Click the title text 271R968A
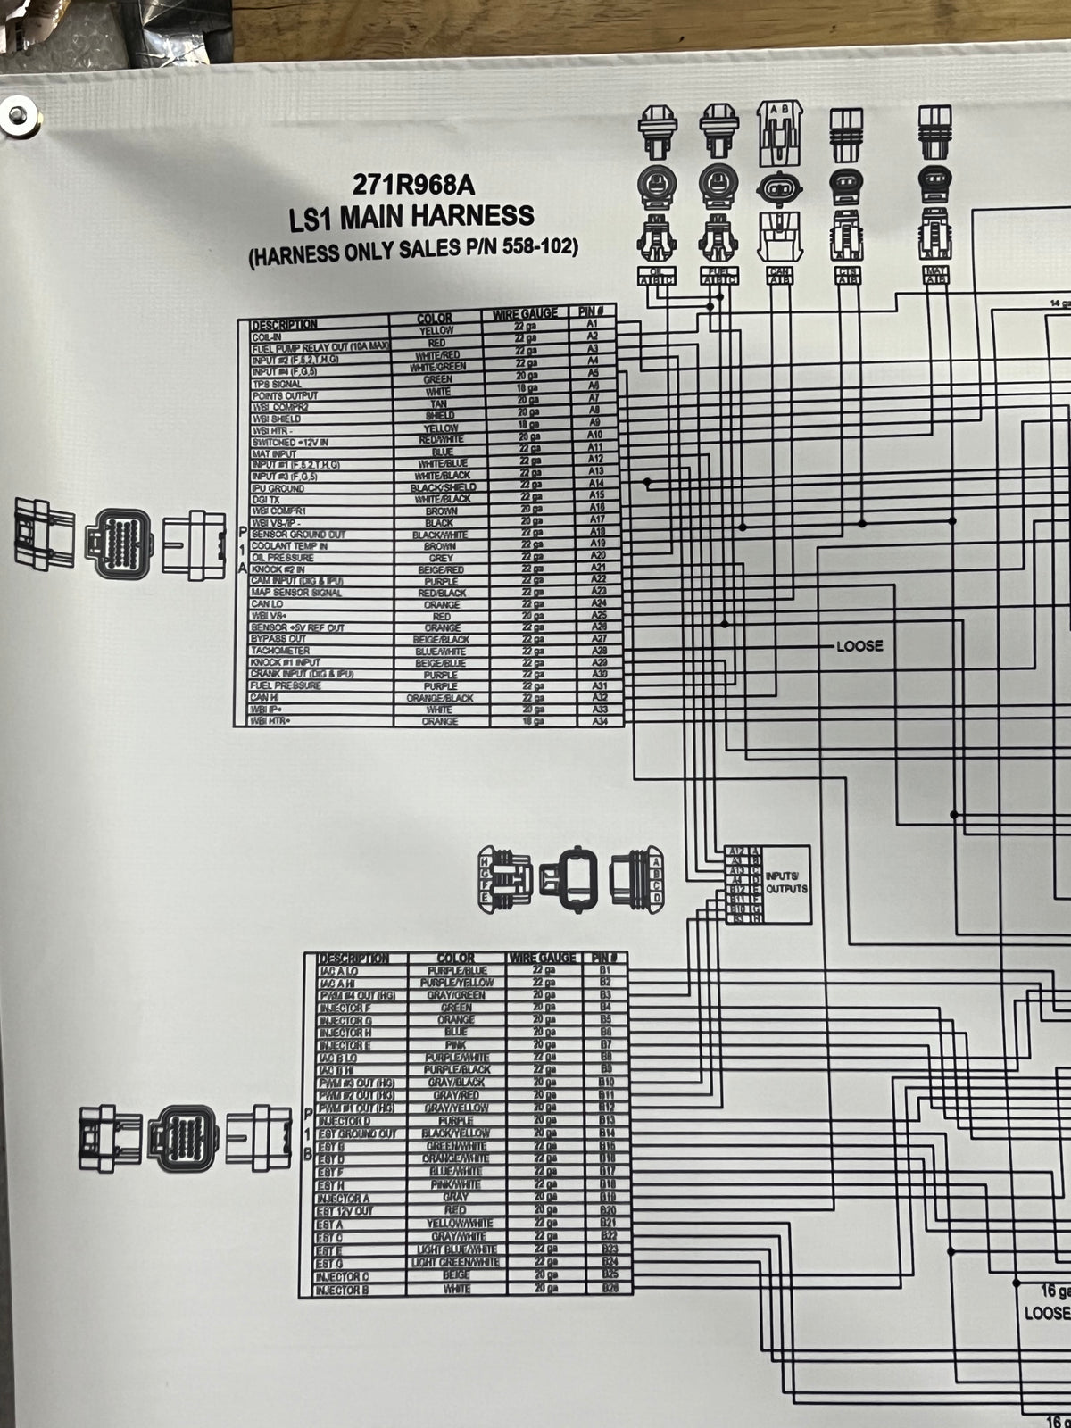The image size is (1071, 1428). pyautogui.click(x=412, y=185)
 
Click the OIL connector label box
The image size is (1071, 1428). pyautogui.click(x=657, y=275)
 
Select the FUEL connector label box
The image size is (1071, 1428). pyautogui.click(x=720, y=275)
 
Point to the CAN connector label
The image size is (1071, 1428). pyautogui.click(x=779, y=276)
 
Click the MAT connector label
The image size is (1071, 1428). pyautogui.click(x=936, y=276)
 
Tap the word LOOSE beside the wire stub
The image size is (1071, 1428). pyautogui.click(x=859, y=645)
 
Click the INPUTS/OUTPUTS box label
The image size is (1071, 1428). pyautogui.click(x=785, y=883)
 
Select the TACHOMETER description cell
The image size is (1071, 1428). pyautogui.click(x=280, y=652)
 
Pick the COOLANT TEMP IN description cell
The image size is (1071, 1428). pyautogui.click(x=289, y=546)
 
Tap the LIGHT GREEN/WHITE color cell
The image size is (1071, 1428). pyautogui.click(x=455, y=1263)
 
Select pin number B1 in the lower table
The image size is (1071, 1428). pyautogui.click(x=606, y=969)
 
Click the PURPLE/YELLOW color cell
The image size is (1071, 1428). pyautogui.click(x=456, y=983)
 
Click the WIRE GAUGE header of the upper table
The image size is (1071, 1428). pyautogui.click(x=525, y=314)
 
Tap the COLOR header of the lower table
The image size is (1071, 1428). pyautogui.click(x=455, y=959)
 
